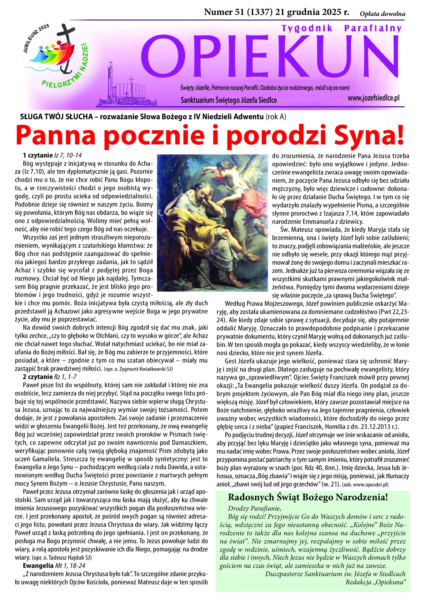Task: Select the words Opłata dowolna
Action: (382, 14)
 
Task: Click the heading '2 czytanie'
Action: (38, 377)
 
